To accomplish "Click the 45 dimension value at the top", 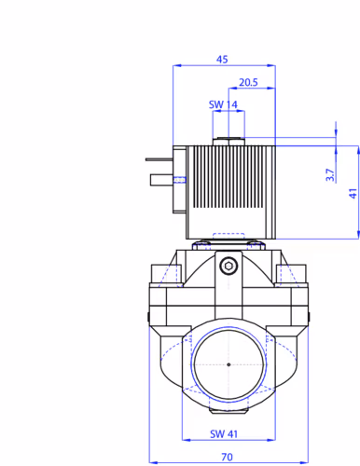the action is [x=222, y=59].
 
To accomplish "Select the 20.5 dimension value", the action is [x=248, y=82].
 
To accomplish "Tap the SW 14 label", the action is [x=223, y=104].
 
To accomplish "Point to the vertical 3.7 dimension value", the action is [x=330, y=175].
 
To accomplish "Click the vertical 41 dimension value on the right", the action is [x=353, y=194].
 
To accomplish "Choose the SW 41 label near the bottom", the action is [x=224, y=433].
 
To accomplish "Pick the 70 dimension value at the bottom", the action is [x=227, y=457].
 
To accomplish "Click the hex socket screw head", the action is [x=228, y=266].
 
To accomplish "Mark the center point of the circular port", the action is [x=228, y=364].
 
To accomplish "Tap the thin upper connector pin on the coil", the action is [x=159, y=159].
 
